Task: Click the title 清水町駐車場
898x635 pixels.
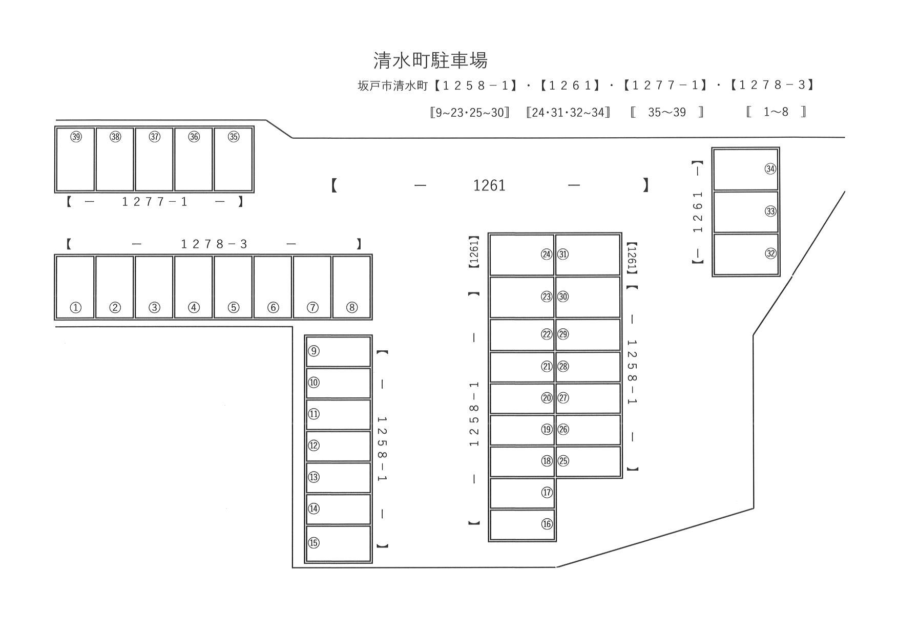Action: pos(430,60)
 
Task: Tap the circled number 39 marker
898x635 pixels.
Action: pos(76,137)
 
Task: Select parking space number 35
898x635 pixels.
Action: pos(233,160)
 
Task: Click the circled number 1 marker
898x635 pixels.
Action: pos(75,307)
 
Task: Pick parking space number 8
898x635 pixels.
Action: pos(351,287)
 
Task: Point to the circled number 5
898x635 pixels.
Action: pos(233,307)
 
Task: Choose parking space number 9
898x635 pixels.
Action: pos(338,351)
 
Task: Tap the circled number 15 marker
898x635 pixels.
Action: pos(314,543)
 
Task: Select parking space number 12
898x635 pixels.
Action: pos(338,446)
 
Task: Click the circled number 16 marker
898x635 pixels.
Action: pos(547,524)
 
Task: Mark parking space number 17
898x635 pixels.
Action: pos(522,493)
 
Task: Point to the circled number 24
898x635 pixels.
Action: pos(547,254)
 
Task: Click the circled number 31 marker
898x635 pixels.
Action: pos(563,254)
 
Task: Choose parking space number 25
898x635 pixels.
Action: pos(588,461)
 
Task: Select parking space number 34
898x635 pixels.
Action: pos(745,169)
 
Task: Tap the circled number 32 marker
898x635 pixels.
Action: pos(770,253)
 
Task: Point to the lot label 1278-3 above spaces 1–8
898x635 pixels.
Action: pos(214,244)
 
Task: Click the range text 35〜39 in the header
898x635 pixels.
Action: pos(666,112)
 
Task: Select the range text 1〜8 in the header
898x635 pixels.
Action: pos(776,112)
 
